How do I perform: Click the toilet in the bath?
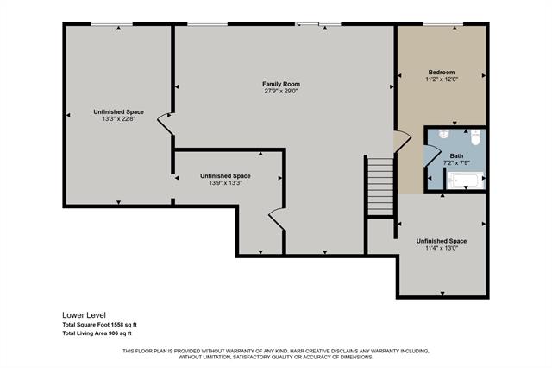(x=474, y=136)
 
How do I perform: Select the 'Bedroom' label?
(x=441, y=72)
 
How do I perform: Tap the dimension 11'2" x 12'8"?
(x=441, y=79)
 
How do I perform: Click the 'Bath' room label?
(x=456, y=156)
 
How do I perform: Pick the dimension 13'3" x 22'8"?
(x=118, y=119)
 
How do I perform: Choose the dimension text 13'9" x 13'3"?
(x=225, y=183)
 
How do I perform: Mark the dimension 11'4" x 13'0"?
(x=441, y=249)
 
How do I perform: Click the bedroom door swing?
(x=400, y=141)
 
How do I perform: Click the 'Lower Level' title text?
(x=83, y=314)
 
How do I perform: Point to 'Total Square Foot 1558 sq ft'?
(x=99, y=324)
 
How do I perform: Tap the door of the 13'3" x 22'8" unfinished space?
(x=165, y=127)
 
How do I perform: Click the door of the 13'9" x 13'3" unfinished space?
(x=277, y=219)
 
